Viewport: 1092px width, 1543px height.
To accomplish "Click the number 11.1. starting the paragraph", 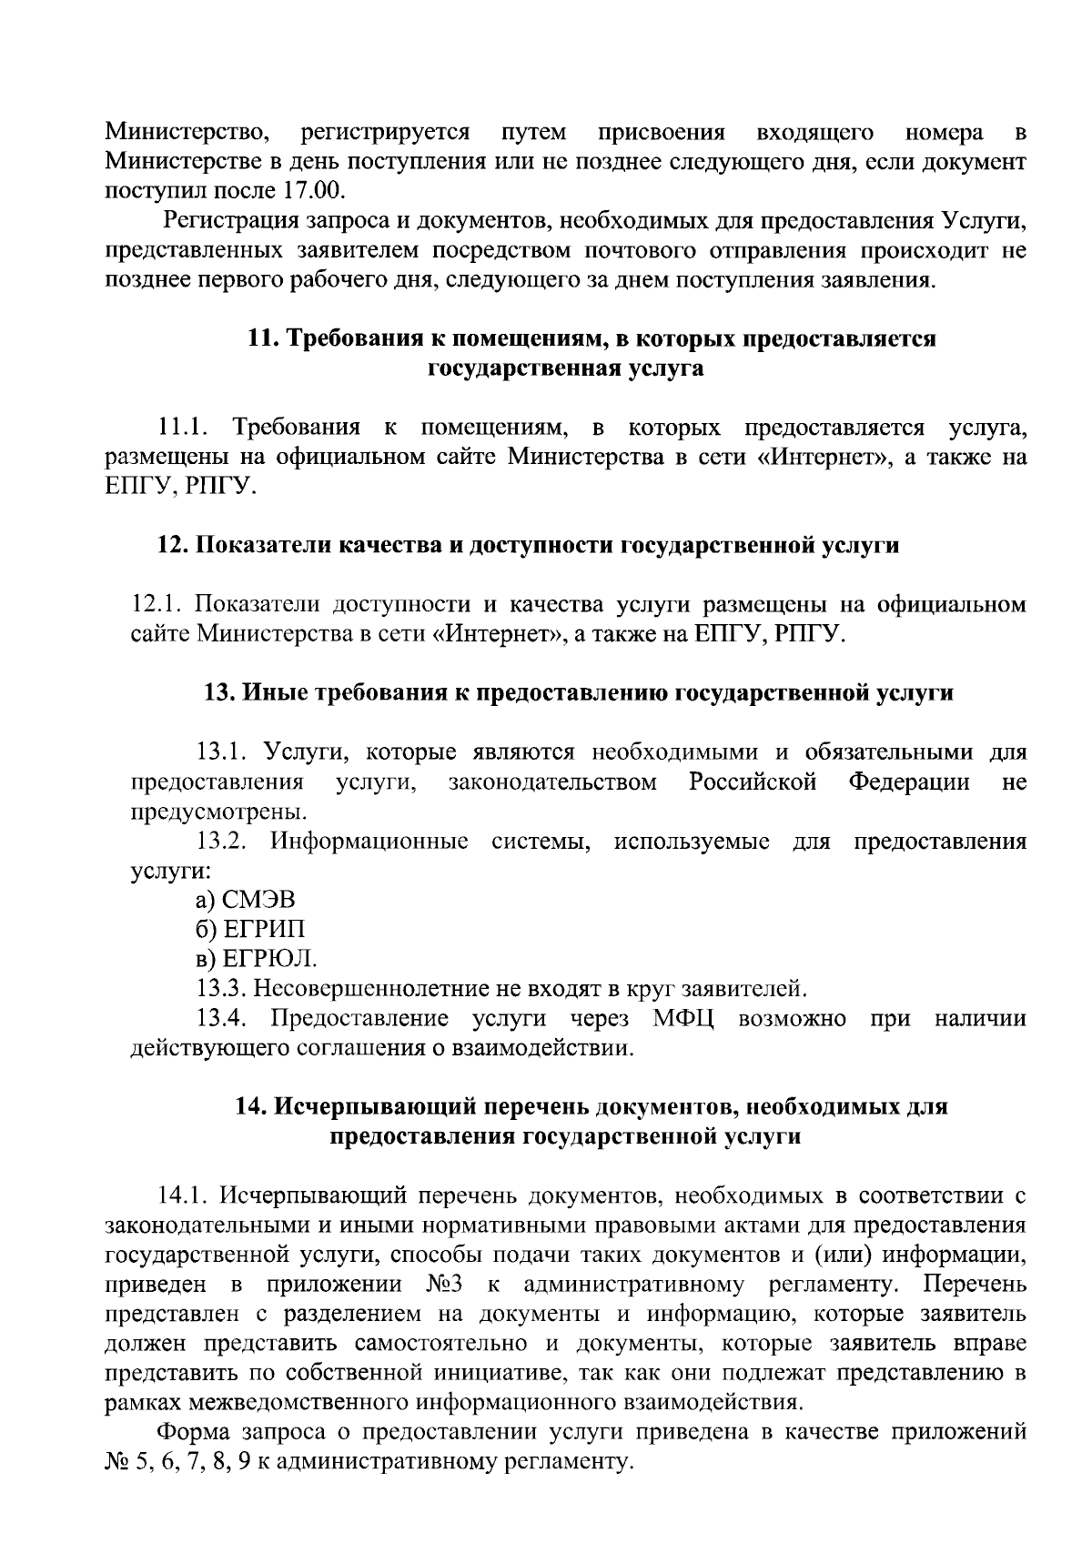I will (185, 428).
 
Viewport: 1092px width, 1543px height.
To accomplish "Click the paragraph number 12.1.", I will (159, 605).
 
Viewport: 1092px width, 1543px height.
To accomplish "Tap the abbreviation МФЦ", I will (682, 1018).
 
